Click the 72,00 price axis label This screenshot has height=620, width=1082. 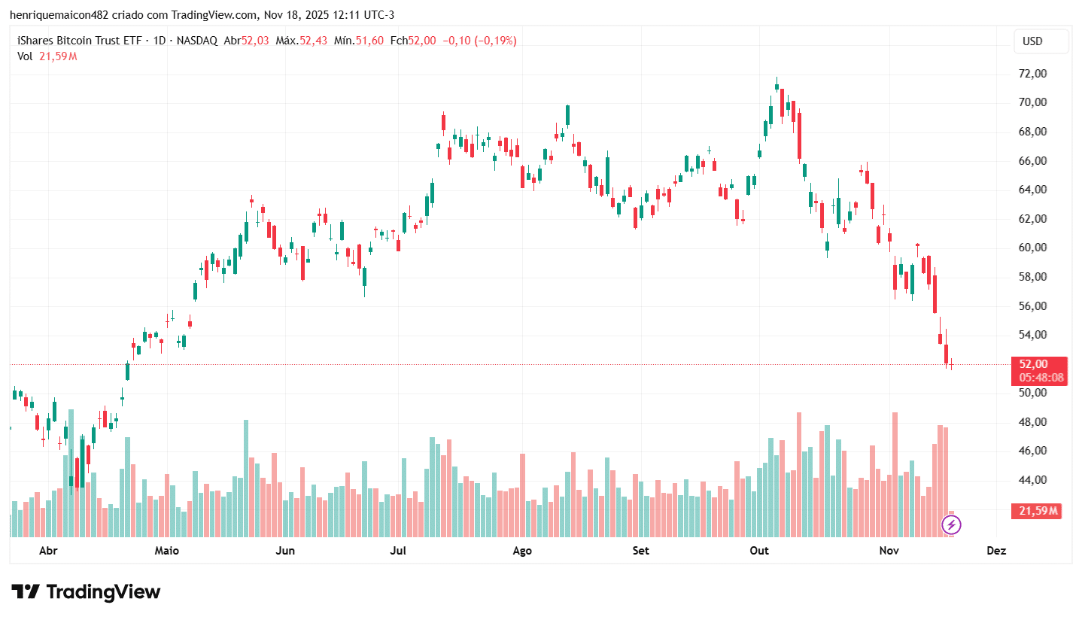click(x=1032, y=74)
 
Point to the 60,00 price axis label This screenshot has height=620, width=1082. click(x=1032, y=248)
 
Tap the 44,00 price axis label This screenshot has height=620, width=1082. click(x=1032, y=480)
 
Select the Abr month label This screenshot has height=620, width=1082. click(x=48, y=551)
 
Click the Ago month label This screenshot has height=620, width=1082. click(x=522, y=551)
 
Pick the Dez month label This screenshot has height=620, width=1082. click(x=996, y=551)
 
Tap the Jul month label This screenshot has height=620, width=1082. click(x=398, y=551)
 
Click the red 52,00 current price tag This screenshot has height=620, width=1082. click(x=1034, y=363)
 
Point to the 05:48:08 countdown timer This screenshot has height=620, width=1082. click(x=1041, y=377)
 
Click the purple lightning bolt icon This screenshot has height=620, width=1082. click(x=951, y=524)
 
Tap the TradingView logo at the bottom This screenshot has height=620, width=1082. click(x=86, y=592)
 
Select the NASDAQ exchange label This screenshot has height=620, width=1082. click(x=198, y=41)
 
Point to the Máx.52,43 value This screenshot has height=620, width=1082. click(x=301, y=41)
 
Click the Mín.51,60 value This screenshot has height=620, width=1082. click(x=358, y=41)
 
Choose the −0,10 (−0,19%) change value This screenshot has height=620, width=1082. click(x=479, y=41)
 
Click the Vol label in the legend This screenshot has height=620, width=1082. click(x=25, y=56)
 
